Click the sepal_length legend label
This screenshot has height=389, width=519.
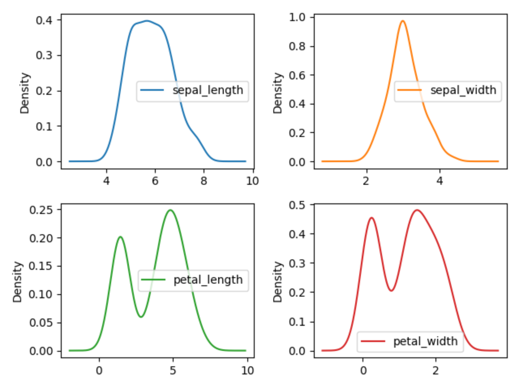(x=208, y=90)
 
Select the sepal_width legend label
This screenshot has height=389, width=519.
(x=463, y=90)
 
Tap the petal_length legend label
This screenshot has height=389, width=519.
(x=208, y=280)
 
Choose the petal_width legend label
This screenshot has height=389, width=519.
(x=425, y=342)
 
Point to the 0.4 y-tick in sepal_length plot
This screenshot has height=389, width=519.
(x=44, y=19)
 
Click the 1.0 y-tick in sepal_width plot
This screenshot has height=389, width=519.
(x=297, y=17)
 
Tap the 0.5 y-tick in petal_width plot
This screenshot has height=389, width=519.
(x=297, y=205)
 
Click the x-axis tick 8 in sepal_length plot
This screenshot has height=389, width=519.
(x=204, y=181)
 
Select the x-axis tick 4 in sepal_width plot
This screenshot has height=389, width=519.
(x=440, y=181)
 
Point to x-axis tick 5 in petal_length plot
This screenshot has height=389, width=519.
(x=173, y=370)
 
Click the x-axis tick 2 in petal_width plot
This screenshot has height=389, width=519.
(x=435, y=370)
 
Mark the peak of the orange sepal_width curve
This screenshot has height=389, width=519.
(x=403, y=21)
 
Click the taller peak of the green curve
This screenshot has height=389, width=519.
(x=170, y=210)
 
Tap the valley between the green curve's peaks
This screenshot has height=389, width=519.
(x=141, y=316)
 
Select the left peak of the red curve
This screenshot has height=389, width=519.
(x=371, y=218)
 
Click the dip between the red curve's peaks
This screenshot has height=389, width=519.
(x=391, y=291)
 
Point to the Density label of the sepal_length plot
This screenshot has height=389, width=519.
(x=25, y=93)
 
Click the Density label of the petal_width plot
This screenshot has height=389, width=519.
(x=278, y=282)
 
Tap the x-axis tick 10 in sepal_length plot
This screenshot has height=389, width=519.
(x=252, y=181)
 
